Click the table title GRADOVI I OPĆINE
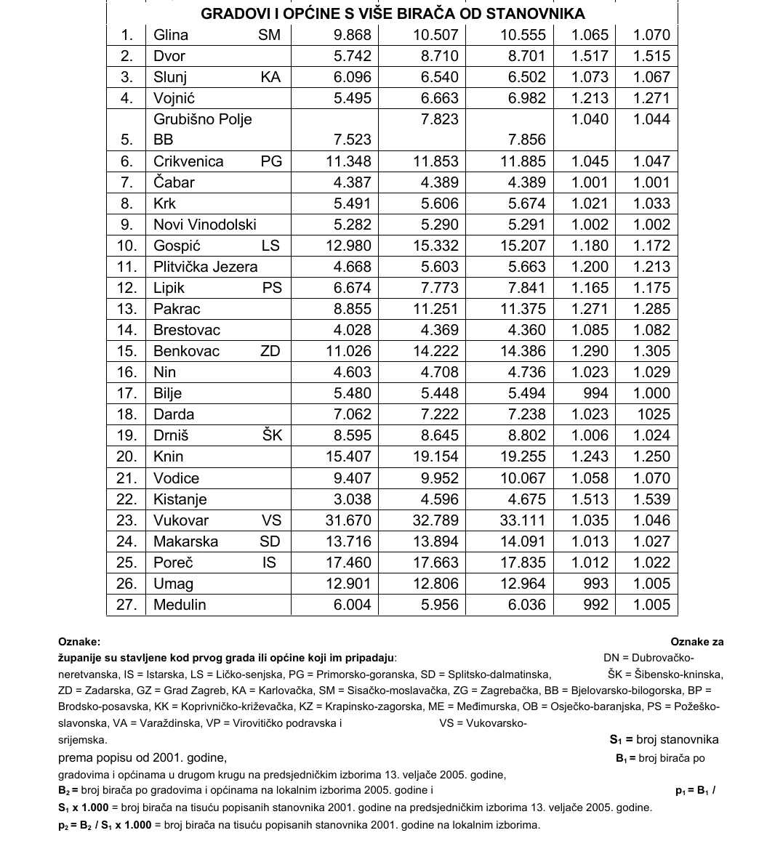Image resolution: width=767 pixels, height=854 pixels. coord(393,14)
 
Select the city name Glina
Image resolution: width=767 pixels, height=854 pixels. coord(171,35)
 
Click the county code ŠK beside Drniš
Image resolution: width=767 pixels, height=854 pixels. coord(271,435)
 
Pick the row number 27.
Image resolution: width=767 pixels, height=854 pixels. coord(127,605)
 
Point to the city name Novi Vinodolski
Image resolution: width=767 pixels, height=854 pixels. coord(205,225)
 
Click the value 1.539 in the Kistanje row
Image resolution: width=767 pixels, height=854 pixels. coord(651,499)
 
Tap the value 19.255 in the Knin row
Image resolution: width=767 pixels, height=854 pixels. coord(523,456)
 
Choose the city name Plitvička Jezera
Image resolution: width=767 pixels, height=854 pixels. coord(206,267)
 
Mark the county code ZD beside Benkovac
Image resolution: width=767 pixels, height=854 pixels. coord(270,351)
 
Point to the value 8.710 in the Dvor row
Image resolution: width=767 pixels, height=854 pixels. coord(435,56)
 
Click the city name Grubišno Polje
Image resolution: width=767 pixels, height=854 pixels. coord(203,119)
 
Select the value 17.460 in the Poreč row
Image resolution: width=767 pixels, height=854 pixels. coord(348,563)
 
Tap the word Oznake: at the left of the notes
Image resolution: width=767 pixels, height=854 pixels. coord(79,642)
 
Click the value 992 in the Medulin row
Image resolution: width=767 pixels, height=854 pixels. coord(595,605)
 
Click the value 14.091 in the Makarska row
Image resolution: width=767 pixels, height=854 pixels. coord(523,541)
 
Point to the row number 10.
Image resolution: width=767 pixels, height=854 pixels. coord(127,246)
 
